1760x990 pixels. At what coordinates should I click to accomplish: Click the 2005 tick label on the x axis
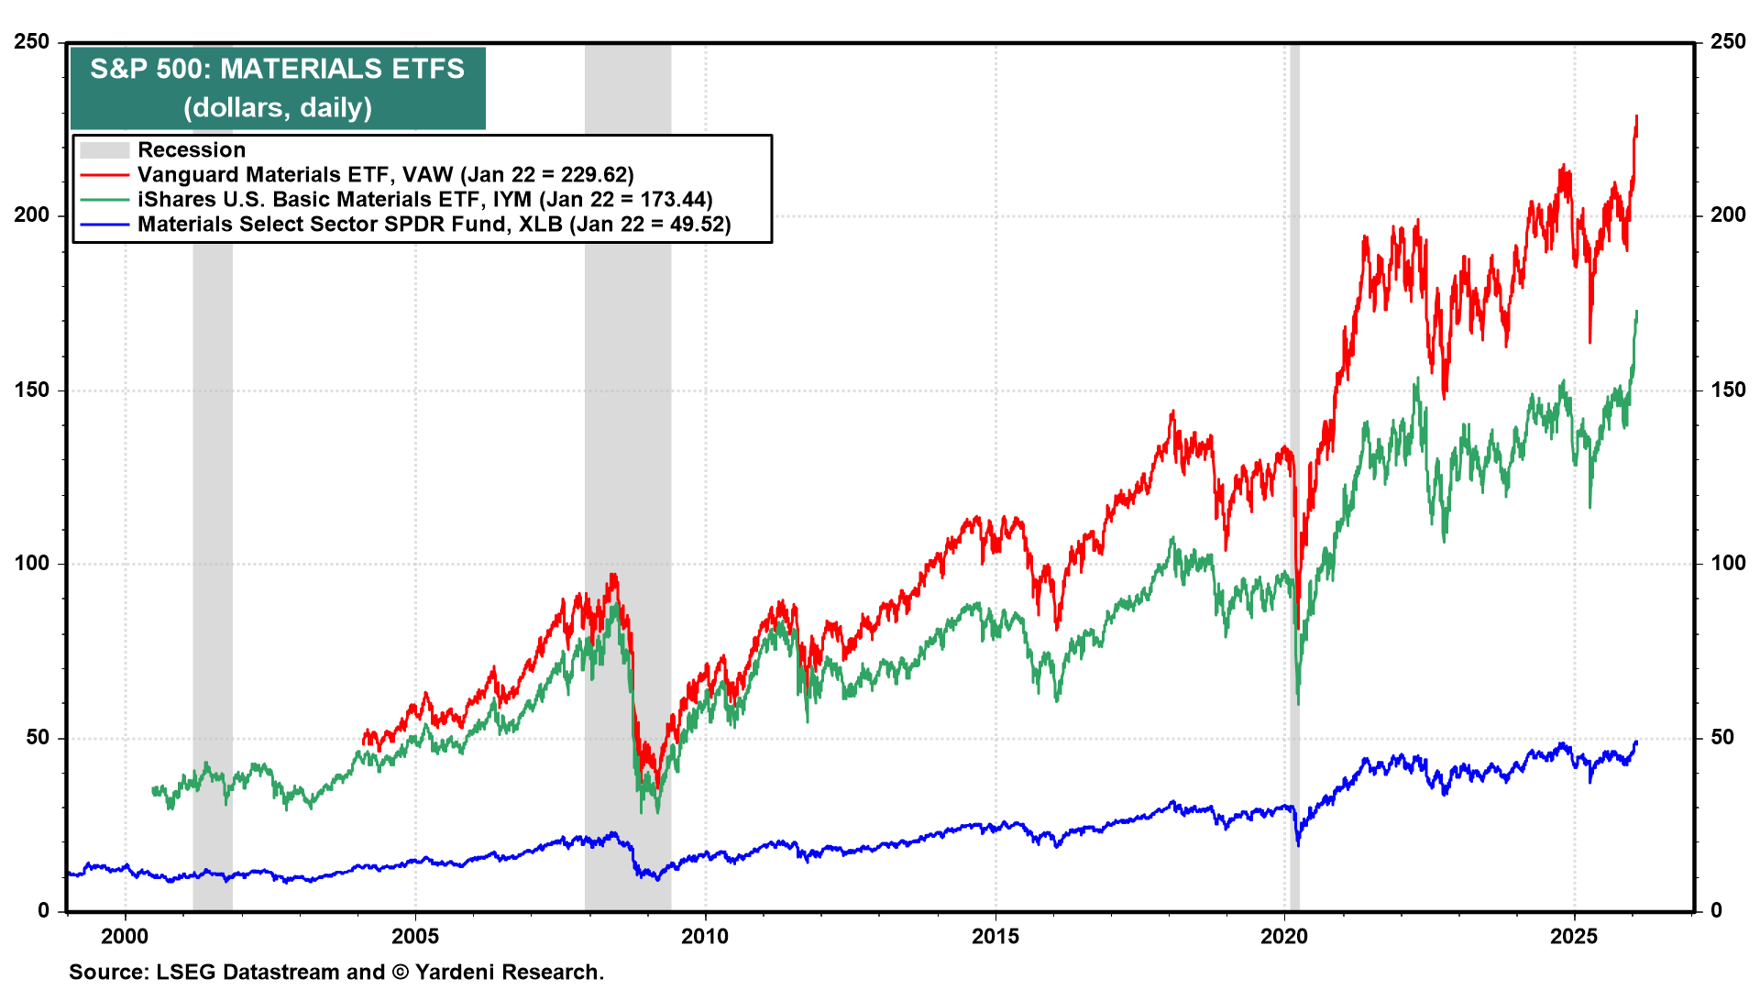[415, 936]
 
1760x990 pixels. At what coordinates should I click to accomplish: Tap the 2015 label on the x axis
[995, 936]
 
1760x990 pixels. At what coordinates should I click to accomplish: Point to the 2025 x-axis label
[1574, 936]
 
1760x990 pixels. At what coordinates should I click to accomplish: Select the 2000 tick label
[125, 936]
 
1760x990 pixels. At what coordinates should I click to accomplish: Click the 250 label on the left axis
[32, 42]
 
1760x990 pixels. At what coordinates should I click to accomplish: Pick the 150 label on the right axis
[1728, 390]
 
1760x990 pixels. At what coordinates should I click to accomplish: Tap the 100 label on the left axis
[32, 564]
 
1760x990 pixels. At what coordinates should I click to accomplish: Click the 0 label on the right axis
[1717, 911]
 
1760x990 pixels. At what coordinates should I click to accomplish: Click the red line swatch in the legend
[104, 175]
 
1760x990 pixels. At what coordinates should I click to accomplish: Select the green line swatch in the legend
[104, 200]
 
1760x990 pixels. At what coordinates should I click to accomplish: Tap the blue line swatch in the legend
[104, 225]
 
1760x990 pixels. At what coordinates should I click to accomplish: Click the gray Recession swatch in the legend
[104, 150]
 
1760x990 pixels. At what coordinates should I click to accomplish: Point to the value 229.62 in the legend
[591, 175]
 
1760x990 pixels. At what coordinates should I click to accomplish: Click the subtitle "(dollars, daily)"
[278, 108]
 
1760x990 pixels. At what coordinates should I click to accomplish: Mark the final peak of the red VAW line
[1637, 117]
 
